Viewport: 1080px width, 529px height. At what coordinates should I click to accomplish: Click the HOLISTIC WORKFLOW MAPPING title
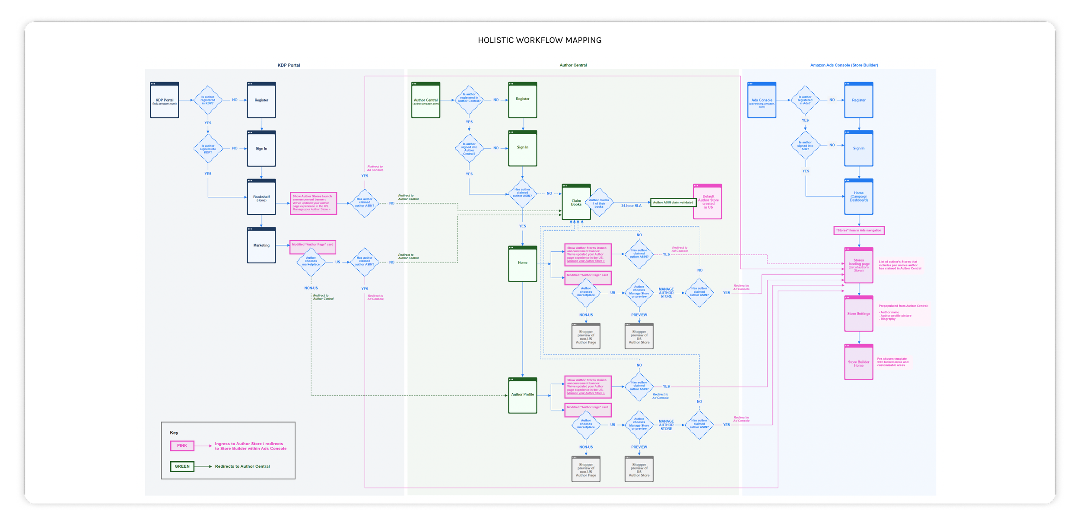click(x=539, y=40)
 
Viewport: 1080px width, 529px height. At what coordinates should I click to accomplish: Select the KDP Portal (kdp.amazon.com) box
click(x=165, y=101)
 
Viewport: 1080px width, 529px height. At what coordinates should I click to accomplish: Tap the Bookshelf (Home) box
click(x=261, y=197)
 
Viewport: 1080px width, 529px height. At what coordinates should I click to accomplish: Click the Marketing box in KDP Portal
click(x=261, y=245)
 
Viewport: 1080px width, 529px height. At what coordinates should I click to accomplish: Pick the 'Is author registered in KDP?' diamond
click(x=208, y=100)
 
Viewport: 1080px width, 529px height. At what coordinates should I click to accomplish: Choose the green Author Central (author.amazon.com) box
click(x=426, y=101)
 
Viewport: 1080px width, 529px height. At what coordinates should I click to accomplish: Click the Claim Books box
click(x=576, y=202)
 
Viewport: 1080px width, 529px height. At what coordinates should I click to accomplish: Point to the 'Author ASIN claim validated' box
click(x=673, y=203)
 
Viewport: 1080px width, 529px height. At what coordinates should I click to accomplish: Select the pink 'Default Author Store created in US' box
click(x=708, y=202)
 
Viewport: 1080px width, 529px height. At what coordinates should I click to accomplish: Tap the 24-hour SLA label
click(x=631, y=206)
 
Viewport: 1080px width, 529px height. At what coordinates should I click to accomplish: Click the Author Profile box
click(x=522, y=395)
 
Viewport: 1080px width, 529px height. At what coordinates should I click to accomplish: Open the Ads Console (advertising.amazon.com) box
click(x=762, y=101)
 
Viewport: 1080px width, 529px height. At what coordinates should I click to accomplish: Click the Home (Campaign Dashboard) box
click(x=858, y=197)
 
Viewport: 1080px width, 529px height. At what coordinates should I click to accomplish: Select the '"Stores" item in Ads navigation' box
click(x=858, y=231)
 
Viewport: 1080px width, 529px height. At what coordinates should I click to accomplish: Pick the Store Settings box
click(x=858, y=314)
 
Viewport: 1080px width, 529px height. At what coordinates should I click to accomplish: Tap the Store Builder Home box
click(x=858, y=363)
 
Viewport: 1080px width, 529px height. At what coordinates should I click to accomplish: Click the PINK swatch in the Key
click(x=182, y=446)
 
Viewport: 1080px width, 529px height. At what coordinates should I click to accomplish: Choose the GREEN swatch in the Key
click(x=182, y=466)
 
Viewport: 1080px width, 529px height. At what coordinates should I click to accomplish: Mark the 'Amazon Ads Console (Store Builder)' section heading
click(x=844, y=65)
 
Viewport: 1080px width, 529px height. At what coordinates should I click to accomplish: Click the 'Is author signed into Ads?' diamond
click(x=805, y=146)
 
